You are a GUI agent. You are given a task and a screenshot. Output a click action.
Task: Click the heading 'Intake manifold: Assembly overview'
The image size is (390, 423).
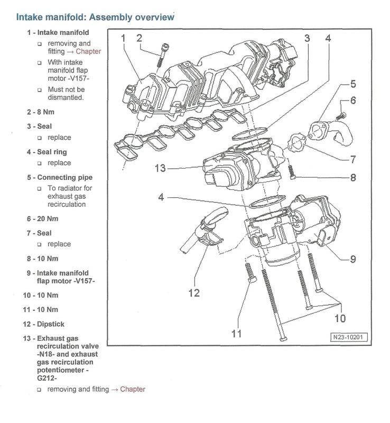click(95, 17)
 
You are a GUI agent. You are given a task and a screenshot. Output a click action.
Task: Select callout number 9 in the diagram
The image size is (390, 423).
click(352, 259)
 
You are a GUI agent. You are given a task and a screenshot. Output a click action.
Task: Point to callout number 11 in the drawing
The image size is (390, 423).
click(237, 334)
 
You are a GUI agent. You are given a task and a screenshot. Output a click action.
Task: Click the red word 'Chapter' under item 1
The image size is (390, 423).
click(88, 52)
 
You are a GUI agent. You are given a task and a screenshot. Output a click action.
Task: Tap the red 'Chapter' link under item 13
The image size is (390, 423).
click(133, 389)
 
